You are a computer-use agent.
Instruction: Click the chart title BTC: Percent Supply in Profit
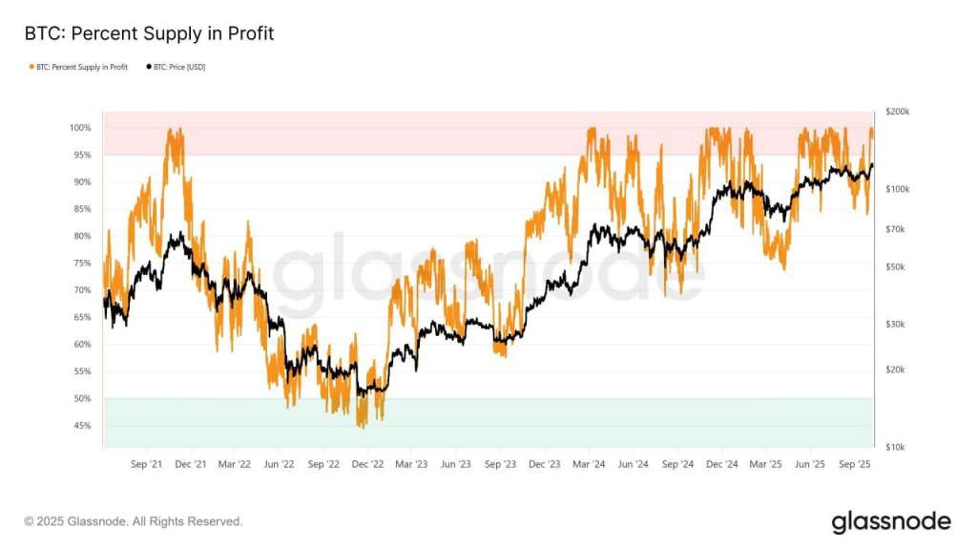(x=149, y=34)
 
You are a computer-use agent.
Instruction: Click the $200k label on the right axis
(x=898, y=112)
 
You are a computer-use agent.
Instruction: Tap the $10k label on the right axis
(x=896, y=447)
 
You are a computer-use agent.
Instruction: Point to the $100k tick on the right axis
(x=898, y=189)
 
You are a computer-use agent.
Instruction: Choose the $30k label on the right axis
(x=896, y=325)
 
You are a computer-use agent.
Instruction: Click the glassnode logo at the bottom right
(x=891, y=521)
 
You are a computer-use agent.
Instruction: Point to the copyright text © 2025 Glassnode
(x=134, y=521)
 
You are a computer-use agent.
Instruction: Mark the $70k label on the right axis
(x=896, y=229)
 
